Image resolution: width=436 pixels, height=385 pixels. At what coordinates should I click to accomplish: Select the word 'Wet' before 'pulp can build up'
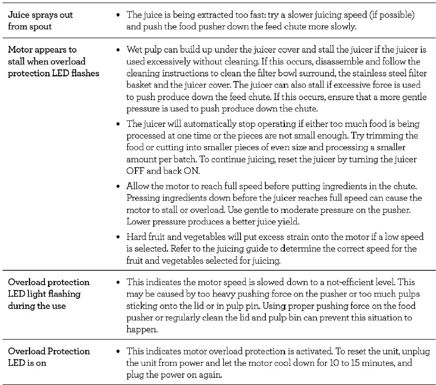point(134,50)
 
